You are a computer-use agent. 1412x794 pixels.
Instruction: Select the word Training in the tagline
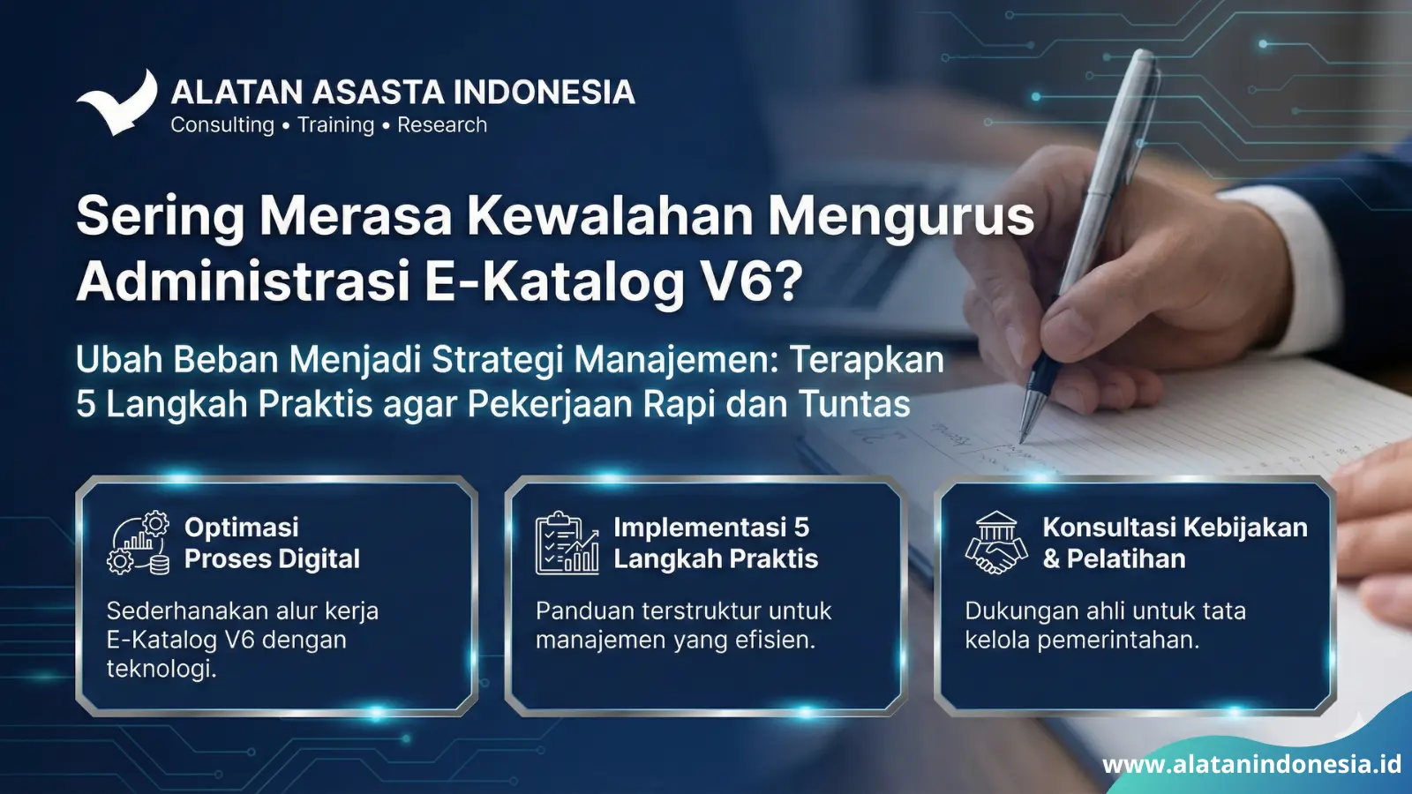pos(336,125)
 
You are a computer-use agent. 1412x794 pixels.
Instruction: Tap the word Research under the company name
pos(442,124)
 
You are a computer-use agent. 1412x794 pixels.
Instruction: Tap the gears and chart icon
pos(139,543)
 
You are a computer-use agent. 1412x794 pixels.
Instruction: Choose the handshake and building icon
pos(996,543)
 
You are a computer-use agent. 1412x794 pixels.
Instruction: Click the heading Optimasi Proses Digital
pos(272,543)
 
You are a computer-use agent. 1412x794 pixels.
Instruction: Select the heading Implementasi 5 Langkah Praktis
pos(716,543)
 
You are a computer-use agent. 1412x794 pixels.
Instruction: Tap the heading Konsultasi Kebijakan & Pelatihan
pos(1175,543)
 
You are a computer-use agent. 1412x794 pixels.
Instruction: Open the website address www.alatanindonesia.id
pos(1251,765)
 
